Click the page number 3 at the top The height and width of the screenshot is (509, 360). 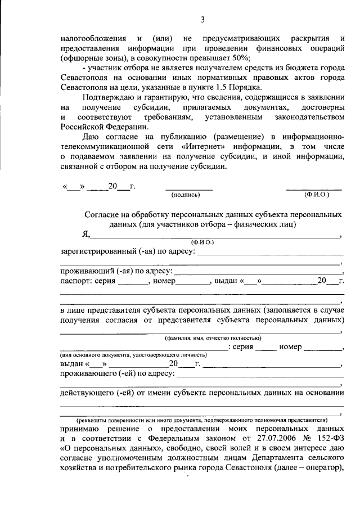tap(202, 21)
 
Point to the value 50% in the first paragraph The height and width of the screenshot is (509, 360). tap(240, 59)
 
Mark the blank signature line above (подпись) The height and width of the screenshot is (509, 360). tap(189, 190)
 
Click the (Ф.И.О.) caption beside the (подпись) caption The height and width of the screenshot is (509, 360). tap(317, 195)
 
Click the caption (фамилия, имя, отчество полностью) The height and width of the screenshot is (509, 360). tap(212, 337)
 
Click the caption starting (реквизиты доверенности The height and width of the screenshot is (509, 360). tap(201, 420)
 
